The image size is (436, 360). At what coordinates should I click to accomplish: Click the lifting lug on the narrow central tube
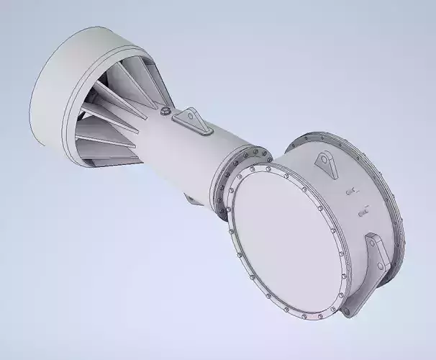(194, 120)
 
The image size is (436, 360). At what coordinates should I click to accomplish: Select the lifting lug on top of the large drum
(327, 165)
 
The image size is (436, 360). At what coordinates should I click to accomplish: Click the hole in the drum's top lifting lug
(325, 160)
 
